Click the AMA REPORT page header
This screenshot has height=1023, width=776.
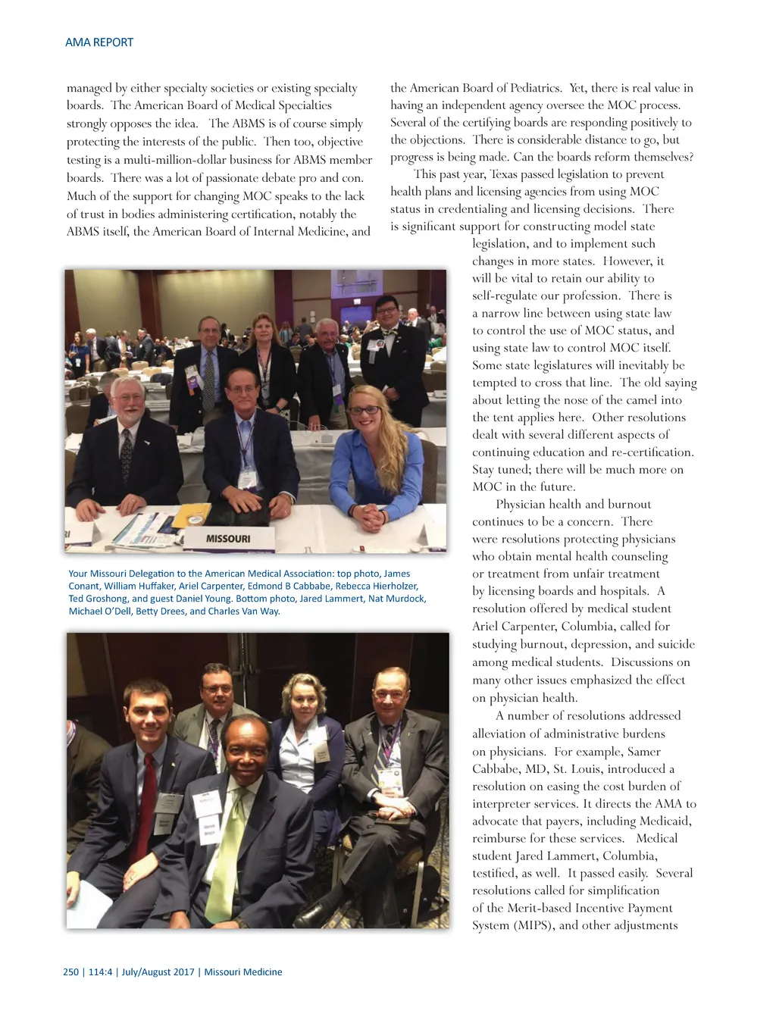click(99, 42)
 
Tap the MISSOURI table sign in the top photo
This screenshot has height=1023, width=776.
click(227, 539)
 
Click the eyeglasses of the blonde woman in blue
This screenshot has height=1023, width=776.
click(365, 411)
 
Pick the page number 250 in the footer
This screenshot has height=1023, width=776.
click(70, 972)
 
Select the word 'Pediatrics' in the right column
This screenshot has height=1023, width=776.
click(535, 88)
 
